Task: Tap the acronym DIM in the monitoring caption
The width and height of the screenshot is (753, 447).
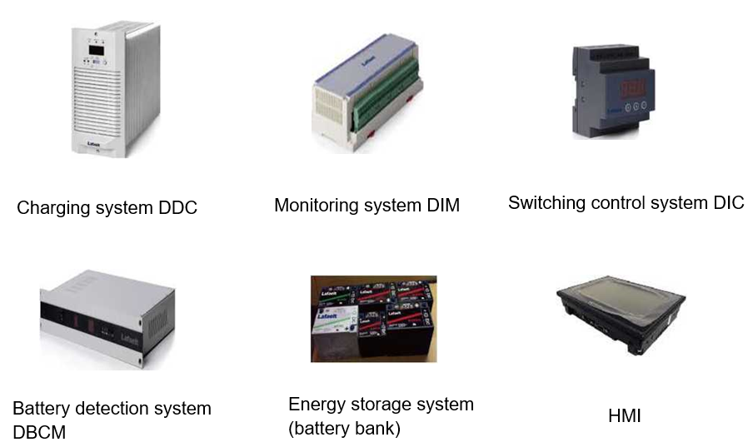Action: coord(441,206)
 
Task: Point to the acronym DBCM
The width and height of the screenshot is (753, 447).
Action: coord(39,432)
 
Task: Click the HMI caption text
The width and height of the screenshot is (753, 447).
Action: coord(625,415)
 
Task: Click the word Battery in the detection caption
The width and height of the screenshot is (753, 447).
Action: coord(40,409)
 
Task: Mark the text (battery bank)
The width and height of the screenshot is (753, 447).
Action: coord(344,430)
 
